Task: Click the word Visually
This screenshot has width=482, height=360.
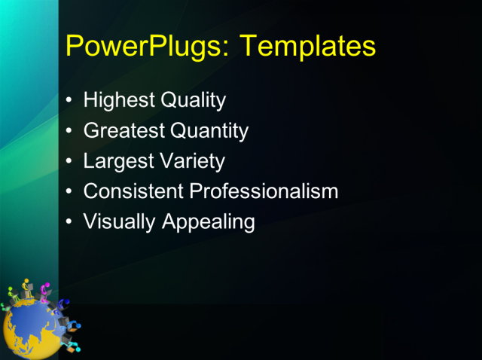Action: pos(116,222)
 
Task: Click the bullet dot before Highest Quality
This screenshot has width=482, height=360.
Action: pos(70,100)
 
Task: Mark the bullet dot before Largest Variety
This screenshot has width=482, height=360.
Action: pos(70,161)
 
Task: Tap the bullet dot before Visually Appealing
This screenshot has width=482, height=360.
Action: pos(70,222)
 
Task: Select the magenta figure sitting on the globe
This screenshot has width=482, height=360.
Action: pos(44,291)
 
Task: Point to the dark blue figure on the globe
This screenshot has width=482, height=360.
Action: pos(63,305)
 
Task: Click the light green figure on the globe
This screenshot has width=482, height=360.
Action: pos(11,293)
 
